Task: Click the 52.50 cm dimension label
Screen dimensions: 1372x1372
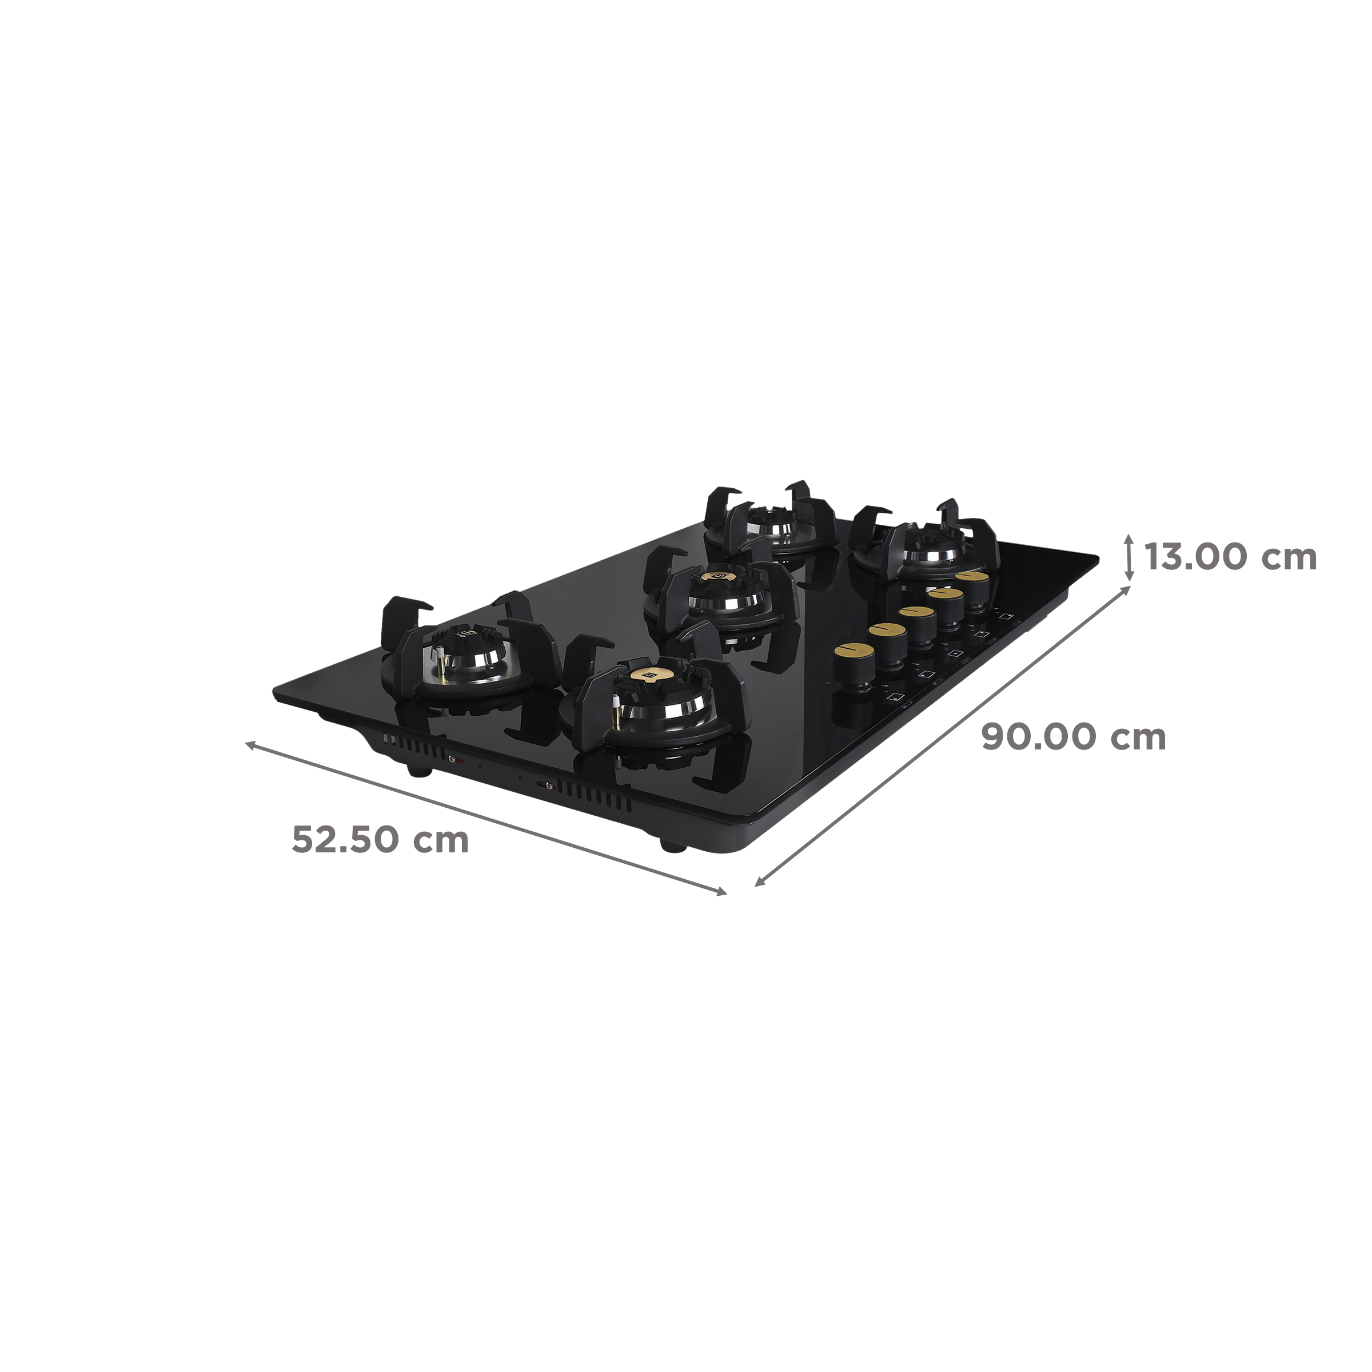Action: (380, 841)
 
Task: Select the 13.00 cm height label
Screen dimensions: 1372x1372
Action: (1229, 557)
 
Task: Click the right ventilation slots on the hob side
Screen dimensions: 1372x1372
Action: (595, 797)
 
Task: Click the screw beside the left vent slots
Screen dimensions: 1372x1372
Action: (452, 757)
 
